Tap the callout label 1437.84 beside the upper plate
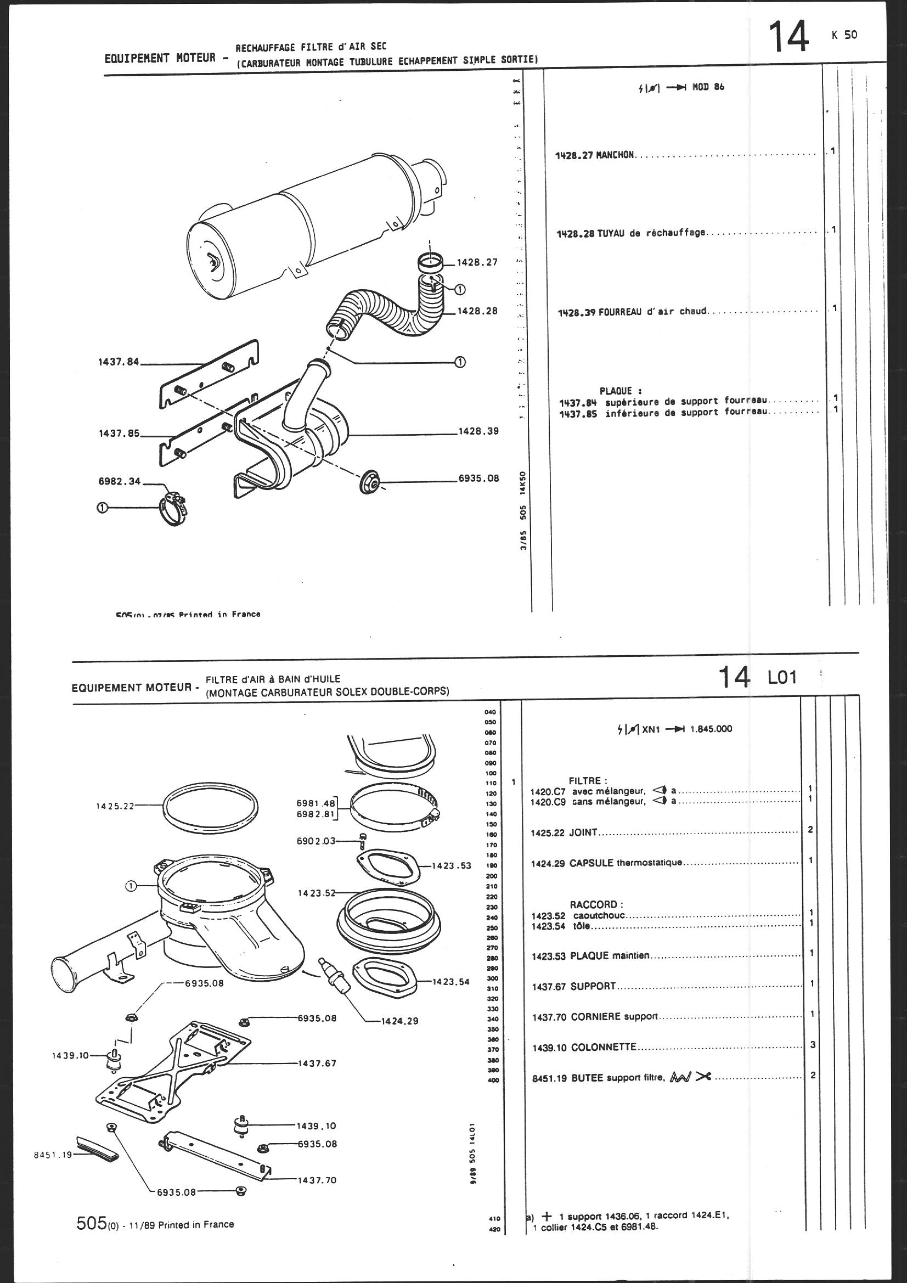[119, 362]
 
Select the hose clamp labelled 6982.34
[173, 510]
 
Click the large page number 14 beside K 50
[788, 37]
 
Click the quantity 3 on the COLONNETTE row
[813, 1044]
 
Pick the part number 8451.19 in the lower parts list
[550, 1078]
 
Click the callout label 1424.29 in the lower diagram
[399, 1021]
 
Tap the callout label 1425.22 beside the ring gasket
[115, 806]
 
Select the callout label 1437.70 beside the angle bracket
[317, 1180]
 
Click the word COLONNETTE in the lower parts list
[604, 1047]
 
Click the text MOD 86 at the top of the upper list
[708, 87]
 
